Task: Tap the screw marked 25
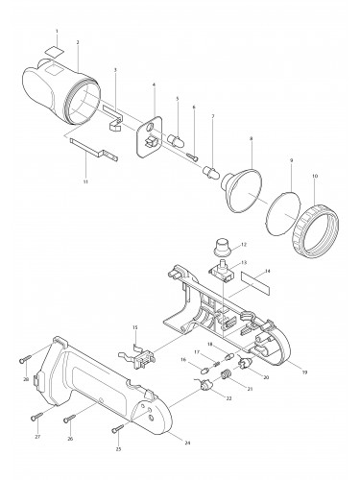(x=117, y=429)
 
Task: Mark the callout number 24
(x=185, y=443)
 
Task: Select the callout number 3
(x=115, y=70)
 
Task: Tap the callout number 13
(x=244, y=261)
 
